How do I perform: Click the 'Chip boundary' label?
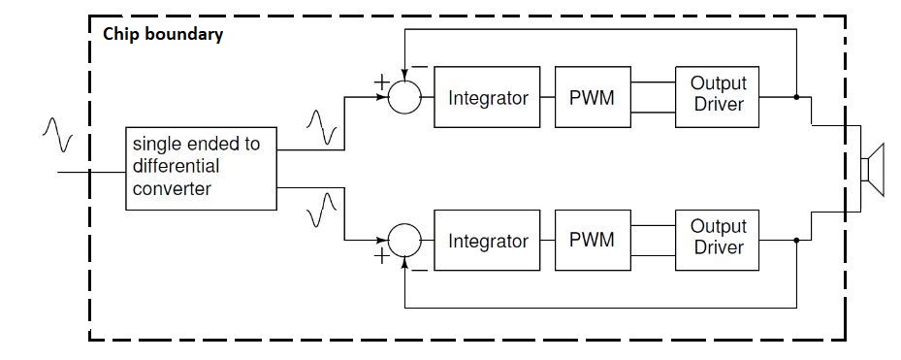(x=163, y=36)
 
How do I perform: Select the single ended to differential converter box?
(x=200, y=168)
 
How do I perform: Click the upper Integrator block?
(x=488, y=98)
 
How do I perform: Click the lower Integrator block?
(x=488, y=240)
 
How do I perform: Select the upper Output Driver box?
(x=717, y=98)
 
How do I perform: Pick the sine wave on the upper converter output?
(x=321, y=125)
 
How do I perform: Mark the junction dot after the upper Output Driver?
(x=796, y=98)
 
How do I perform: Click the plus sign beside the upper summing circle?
(x=381, y=83)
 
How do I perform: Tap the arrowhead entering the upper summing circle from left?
(x=385, y=98)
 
